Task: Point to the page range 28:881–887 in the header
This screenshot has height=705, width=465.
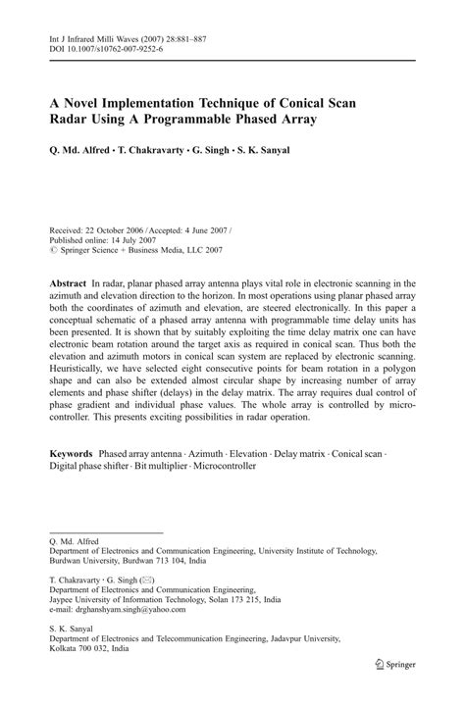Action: [x=198, y=37]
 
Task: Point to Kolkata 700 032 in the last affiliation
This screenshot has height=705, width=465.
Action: [x=82, y=648]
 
